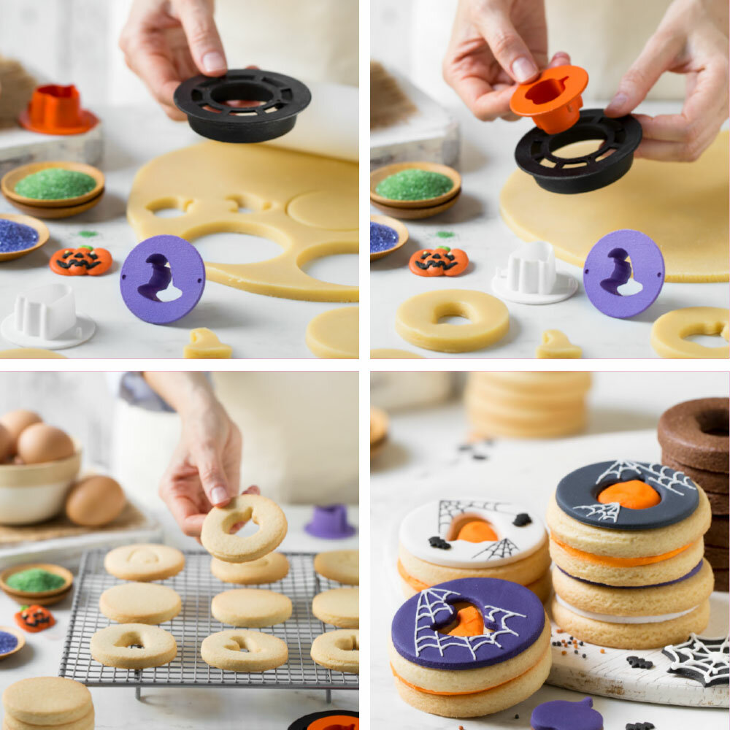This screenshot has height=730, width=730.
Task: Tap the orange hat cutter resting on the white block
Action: pyautogui.click(x=57, y=110)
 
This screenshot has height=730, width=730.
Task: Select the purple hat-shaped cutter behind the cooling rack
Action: pyautogui.click(x=330, y=521)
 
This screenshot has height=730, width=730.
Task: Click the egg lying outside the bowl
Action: pyautogui.click(x=95, y=501)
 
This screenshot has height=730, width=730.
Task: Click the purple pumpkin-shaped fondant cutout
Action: pyautogui.click(x=566, y=715)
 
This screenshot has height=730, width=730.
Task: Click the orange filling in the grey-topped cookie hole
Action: pyautogui.click(x=629, y=494)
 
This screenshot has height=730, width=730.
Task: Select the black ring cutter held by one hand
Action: pyautogui.click(x=242, y=104)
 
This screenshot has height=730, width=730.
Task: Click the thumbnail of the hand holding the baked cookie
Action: pyautogui.click(x=219, y=495)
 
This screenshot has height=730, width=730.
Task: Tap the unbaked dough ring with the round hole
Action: pyautogui.click(x=452, y=320)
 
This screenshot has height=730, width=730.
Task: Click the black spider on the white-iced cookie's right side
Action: pyautogui.click(x=521, y=519)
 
